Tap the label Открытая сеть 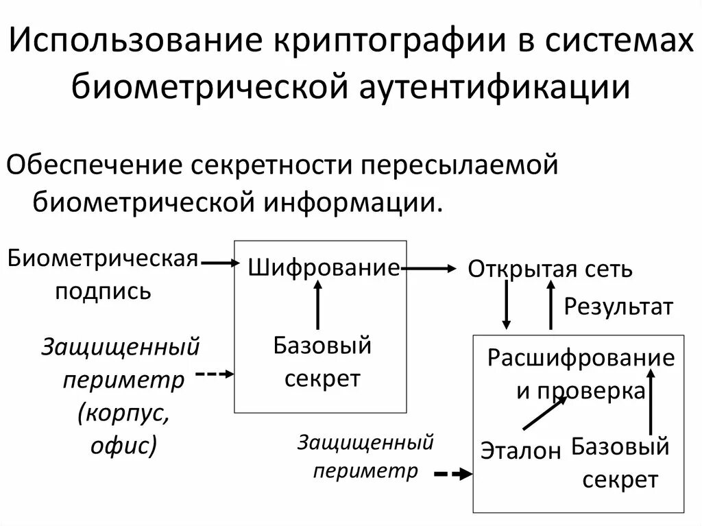pos(550,269)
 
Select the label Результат pos(618,307)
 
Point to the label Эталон pos(520,450)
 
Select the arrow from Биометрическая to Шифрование pos(219,262)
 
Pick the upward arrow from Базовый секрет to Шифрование pos(317,305)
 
